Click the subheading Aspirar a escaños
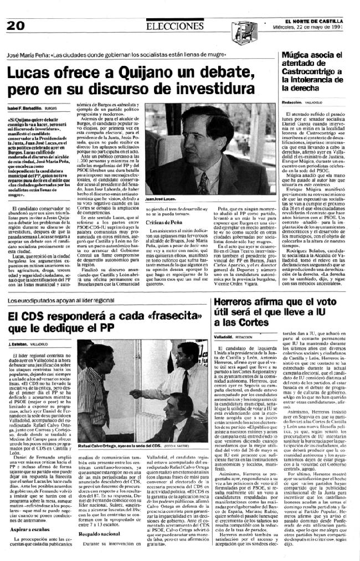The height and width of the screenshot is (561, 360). point(27,513)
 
